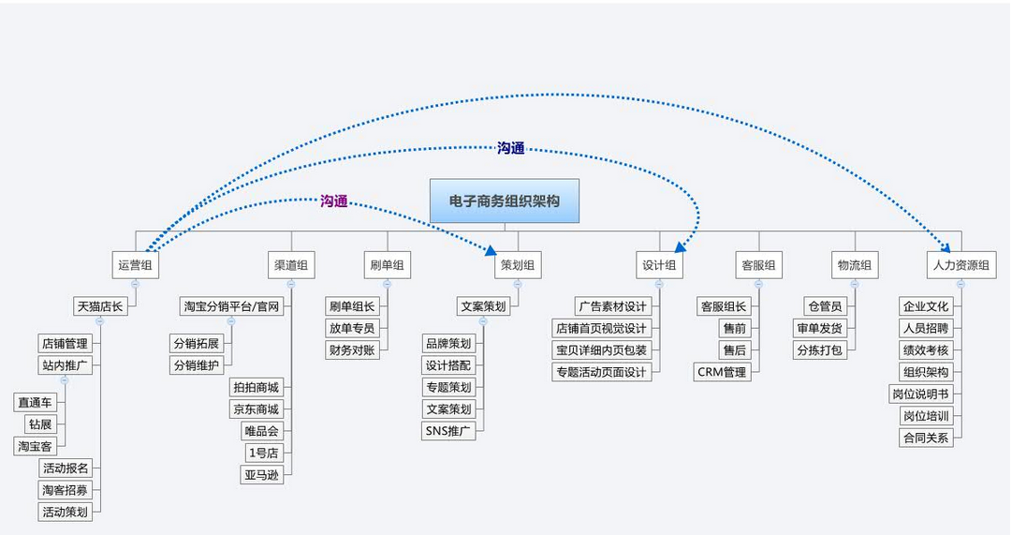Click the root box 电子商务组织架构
(x=505, y=201)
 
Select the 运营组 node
(x=135, y=265)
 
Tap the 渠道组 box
(x=290, y=265)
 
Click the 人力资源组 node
(x=960, y=265)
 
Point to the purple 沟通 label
(x=334, y=201)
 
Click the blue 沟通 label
(x=510, y=148)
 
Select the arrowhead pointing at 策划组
(x=490, y=250)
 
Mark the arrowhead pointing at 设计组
(x=680, y=248)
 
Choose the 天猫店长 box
(x=100, y=306)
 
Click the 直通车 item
(x=35, y=402)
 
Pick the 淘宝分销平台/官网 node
(x=231, y=306)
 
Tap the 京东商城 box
(x=256, y=409)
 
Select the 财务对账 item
(x=351, y=349)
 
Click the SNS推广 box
(x=448, y=431)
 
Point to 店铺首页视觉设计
(x=600, y=328)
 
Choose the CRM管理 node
(x=722, y=372)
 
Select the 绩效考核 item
(x=925, y=349)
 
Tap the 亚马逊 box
(x=261, y=475)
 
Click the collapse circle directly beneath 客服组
(x=758, y=283)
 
